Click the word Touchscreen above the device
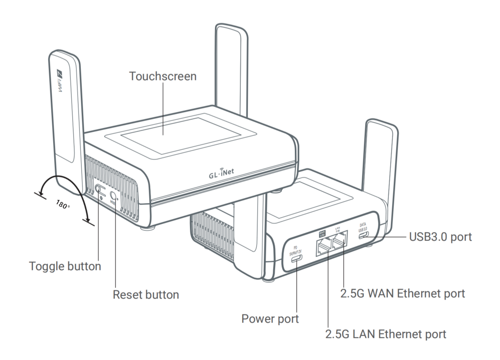[163, 76]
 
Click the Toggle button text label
[65, 266]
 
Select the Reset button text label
[146, 295]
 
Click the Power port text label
[270, 319]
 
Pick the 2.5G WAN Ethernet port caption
[402, 293]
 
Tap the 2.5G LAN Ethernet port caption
[385, 334]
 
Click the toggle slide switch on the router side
[99, 190]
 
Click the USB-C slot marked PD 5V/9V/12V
[298, 260]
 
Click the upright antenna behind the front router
[231, 70]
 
